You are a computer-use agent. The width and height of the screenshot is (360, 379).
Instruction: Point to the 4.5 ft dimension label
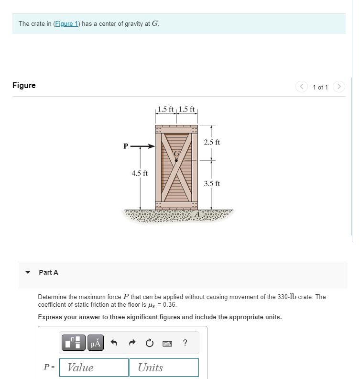(x=140, y=173)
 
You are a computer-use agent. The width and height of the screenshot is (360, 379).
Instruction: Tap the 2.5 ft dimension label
(x=212, y=142)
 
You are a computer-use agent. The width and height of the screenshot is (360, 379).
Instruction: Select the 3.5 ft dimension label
(x=212, y=183)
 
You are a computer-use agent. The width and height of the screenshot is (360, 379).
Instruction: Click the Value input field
(x=94, y=368)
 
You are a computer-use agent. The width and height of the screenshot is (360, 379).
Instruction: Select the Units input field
(x=164, y=368)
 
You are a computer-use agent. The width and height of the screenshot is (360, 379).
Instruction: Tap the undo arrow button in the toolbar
(x=114, y=343)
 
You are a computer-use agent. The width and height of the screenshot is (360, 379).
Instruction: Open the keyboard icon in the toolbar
(x=167, y=343)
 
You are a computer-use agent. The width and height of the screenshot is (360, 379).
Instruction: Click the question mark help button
(x=185, y=343)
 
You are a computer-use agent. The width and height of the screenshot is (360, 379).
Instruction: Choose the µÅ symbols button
(x=96, y=343)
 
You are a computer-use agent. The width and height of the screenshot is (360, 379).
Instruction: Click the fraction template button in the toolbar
(x=74, y=343)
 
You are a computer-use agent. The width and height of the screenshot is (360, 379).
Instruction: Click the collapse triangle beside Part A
(x=28, y=272)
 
